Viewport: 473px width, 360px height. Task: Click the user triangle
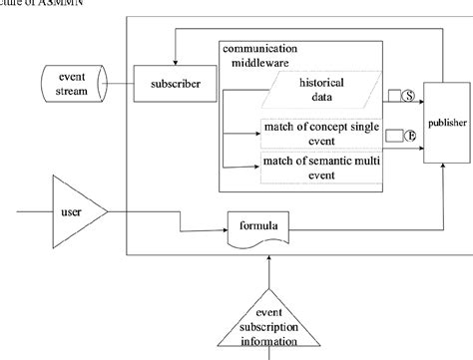tap(88, 210)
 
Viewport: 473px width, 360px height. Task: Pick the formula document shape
tap(257, 227)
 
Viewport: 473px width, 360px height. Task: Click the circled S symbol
tap(407, 95)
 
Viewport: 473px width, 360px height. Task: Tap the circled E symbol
tap(407, 134)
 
